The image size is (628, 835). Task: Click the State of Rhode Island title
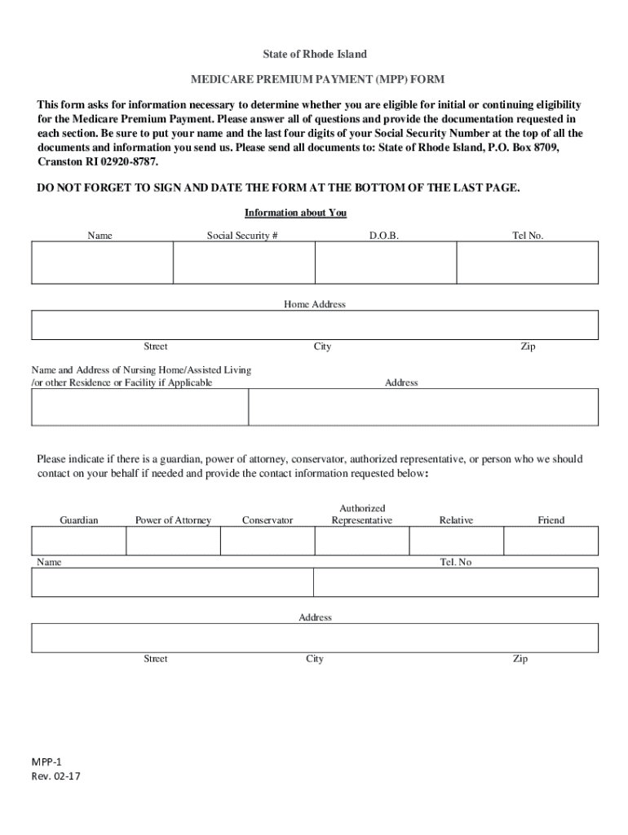click(314, 54)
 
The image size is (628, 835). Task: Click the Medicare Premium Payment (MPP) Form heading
click(317, 79)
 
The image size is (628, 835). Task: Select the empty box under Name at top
click(102, 263)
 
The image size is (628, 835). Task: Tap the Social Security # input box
click(244, 263)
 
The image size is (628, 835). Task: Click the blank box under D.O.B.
click(385, 263)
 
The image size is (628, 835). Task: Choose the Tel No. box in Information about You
click(527, 263)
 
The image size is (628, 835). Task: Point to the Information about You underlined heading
click(295, 213)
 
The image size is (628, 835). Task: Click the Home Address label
click(314, 304)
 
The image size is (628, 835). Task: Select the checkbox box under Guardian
click(78, 541)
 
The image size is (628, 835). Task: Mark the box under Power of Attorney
click(173, 541)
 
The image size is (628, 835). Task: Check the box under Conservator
click(267, 541)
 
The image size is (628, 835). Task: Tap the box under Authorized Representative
click(361, 541)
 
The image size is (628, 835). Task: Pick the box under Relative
click(456, 541)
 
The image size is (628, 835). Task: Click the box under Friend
click(551, 541)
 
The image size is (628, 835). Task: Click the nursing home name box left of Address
click(139, 407)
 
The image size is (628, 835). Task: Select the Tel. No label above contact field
click(455, 562)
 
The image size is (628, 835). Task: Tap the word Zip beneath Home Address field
click(528, 347)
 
